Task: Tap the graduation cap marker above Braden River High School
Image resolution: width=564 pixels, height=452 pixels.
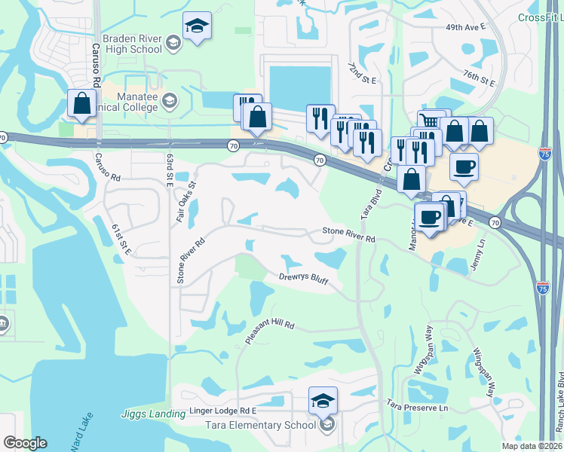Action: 197,26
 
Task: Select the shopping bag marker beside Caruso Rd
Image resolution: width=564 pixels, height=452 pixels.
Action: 81,104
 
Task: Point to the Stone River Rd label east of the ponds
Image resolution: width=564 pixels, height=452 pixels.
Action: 349,234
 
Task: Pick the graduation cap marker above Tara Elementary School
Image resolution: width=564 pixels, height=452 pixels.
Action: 323,402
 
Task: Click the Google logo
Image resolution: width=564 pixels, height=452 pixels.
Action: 25,442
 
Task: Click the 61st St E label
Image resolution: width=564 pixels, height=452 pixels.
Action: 121,239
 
